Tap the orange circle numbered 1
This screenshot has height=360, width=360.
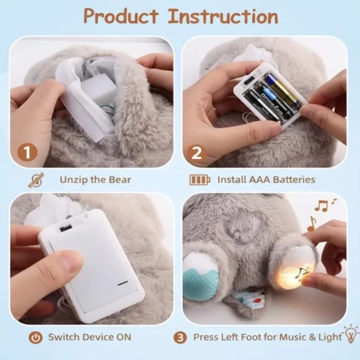pyautogui.click(x=27, y=153)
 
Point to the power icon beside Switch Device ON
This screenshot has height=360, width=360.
pyautogui.click(x=33, y=336)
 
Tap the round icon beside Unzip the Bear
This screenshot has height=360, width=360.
pyautogui.click(x=33, y=179)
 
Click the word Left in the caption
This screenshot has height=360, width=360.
pyautogui.click(x=243, y=336)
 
